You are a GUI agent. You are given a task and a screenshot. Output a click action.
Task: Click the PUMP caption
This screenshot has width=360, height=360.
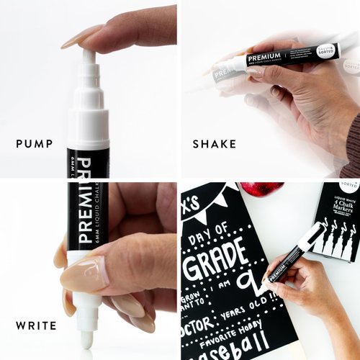[35, 144]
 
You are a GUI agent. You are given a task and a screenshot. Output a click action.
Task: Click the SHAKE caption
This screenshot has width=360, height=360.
[214, 144]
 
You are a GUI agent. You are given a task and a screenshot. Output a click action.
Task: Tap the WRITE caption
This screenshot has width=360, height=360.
[36, 326]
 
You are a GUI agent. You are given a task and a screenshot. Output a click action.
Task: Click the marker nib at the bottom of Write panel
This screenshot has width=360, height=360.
[86, 337]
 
